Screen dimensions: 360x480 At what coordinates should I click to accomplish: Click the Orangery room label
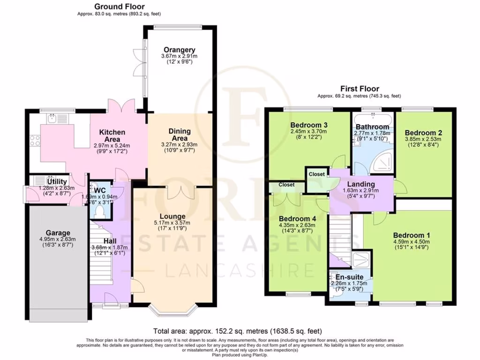tap(179, 50)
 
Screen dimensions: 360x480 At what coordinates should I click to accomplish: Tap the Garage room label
tap(58, 232)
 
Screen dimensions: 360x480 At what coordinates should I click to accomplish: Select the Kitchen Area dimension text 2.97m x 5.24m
tap(112, 145)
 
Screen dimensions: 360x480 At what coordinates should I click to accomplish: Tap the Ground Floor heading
tap(119, 7)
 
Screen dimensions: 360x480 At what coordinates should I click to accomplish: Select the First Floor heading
tap(360, 89)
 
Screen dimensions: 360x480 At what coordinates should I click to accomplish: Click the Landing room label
tap(361, 184)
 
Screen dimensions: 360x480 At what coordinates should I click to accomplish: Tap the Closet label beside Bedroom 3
tap(316, 174)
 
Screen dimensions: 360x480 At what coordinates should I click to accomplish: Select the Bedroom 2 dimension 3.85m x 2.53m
tap(423, 140)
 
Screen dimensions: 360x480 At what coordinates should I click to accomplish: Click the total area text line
tap(238, 330)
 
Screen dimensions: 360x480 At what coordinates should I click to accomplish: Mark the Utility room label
tap(57, 181)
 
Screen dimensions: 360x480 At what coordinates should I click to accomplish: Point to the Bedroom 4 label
tap(297, 218)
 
